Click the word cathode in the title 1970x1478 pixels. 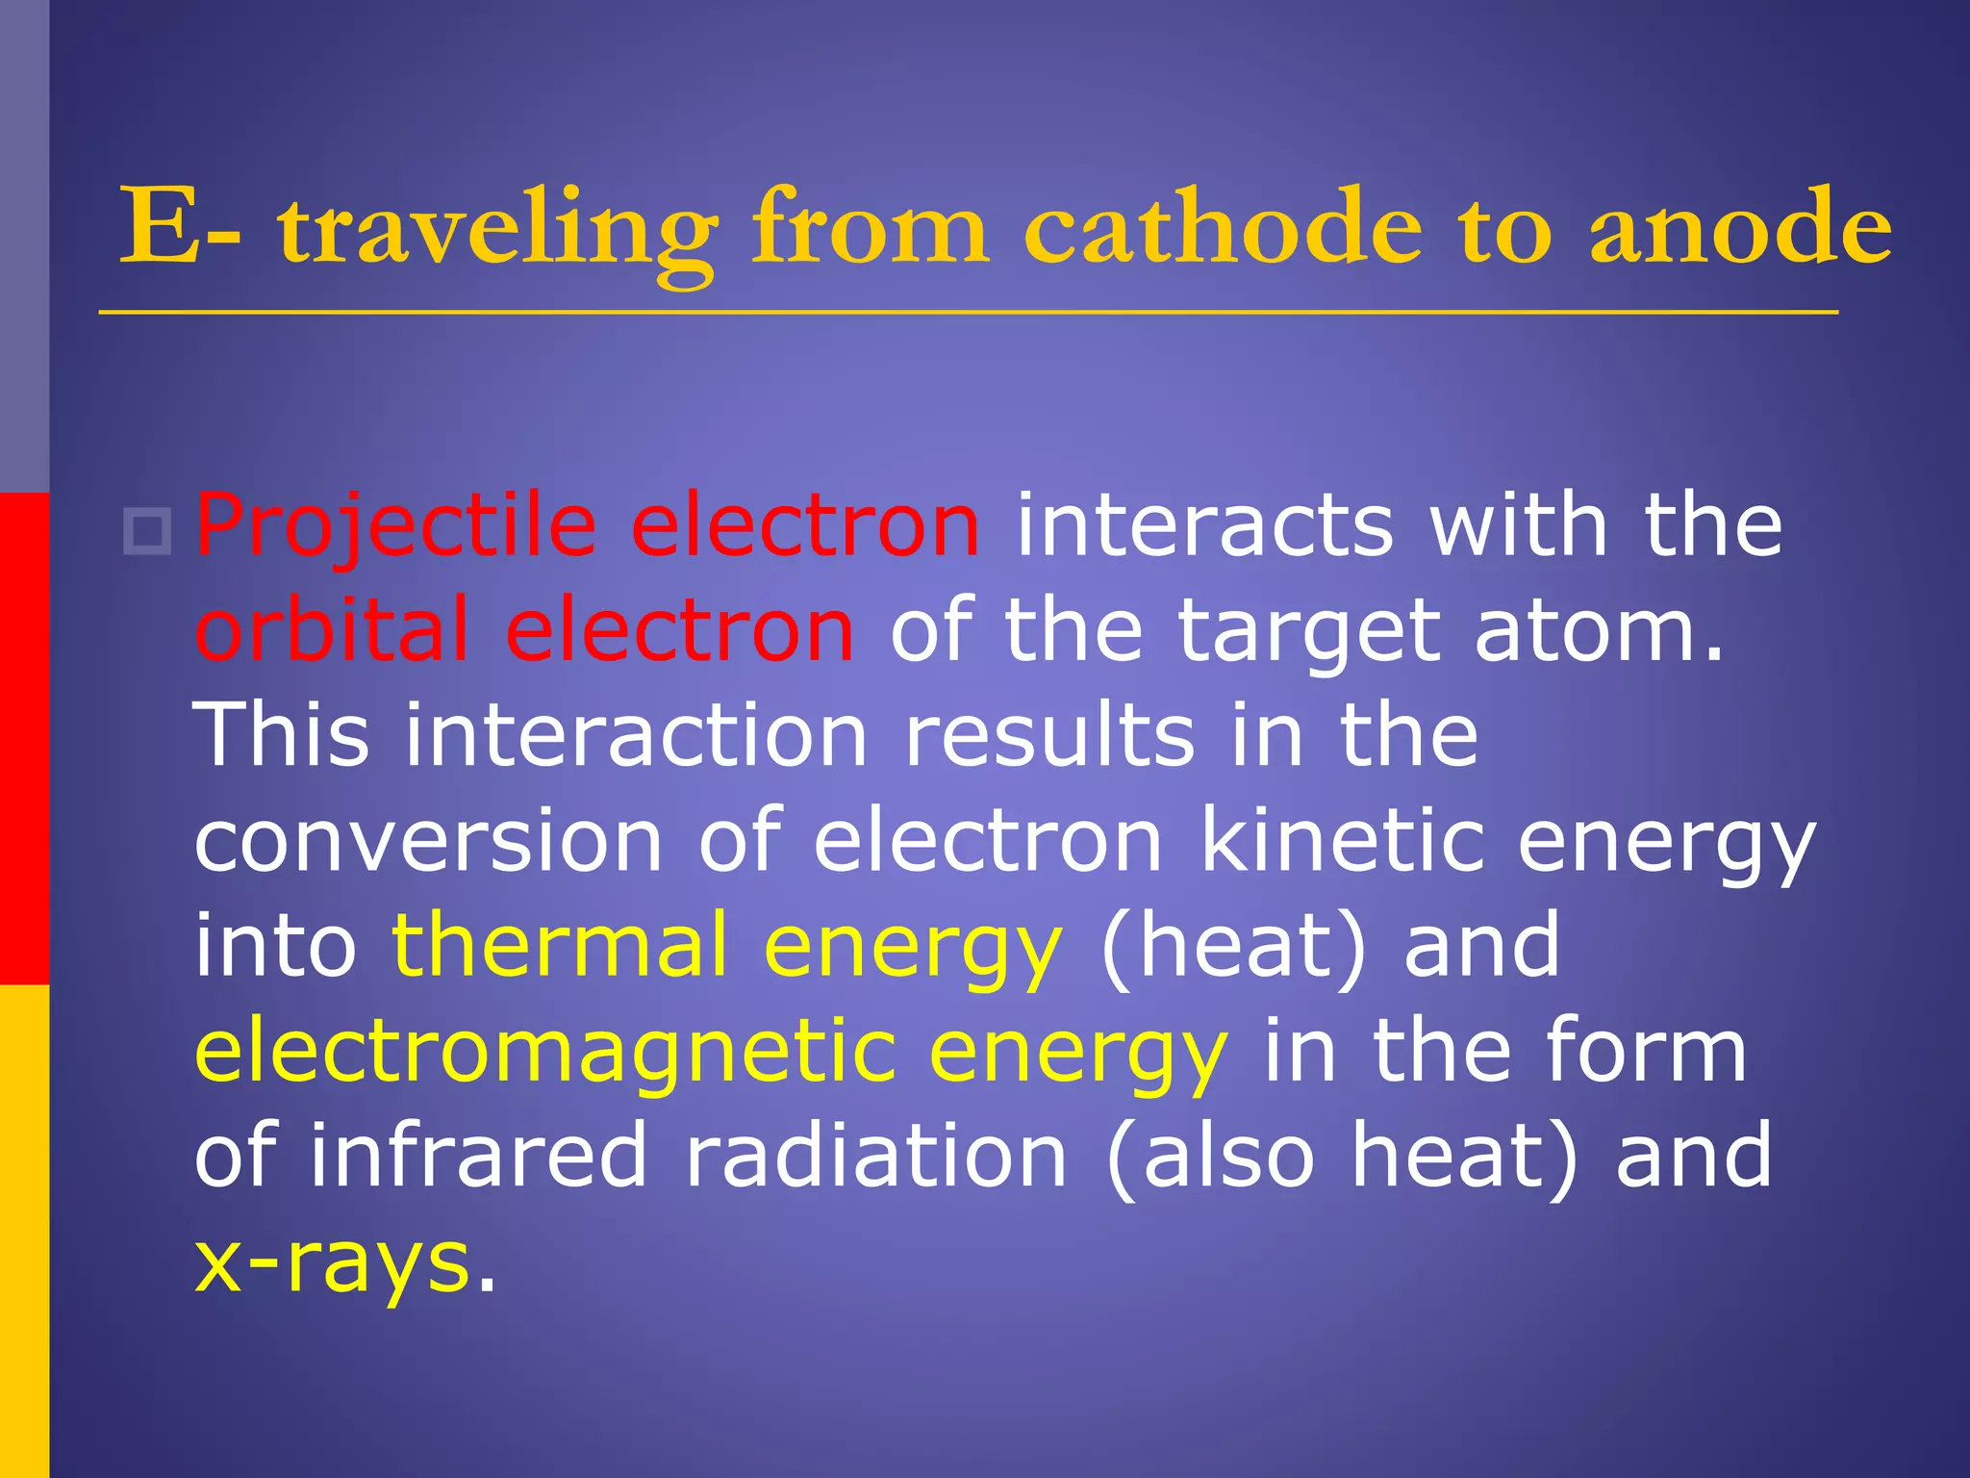coord(1222,229)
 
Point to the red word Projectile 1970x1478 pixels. coord(395,526)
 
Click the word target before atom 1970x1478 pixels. coord(1309,633)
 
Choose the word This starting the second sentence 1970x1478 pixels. coord(281,735)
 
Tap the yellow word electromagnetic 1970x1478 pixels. coord(543,1052)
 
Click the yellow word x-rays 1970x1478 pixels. coord(332,1263)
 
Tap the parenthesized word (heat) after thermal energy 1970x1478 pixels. coord(1232,947)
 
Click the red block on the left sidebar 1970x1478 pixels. coord(24,738)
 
